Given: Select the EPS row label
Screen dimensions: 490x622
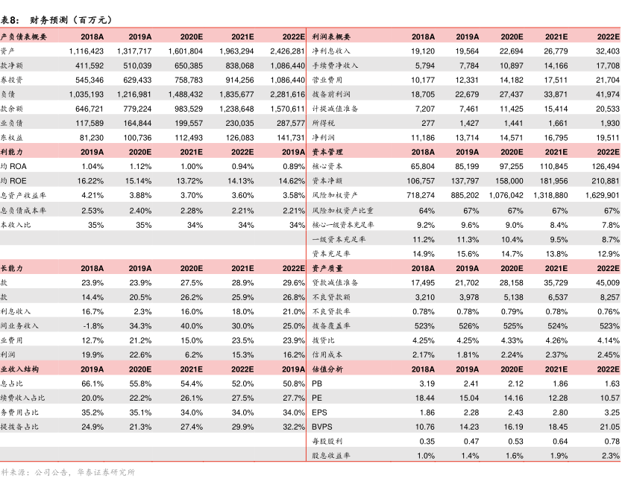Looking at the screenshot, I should tap(320, 413).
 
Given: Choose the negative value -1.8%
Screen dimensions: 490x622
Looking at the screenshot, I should tap(93, 326).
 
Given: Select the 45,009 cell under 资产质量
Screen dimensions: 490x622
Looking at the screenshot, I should tap(604, 282).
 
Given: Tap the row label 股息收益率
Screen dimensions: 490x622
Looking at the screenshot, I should tap(331, 456).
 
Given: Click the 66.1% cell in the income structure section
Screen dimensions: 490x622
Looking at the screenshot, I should tap(92, 384).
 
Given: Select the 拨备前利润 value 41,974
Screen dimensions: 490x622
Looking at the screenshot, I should tap(604, 95).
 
